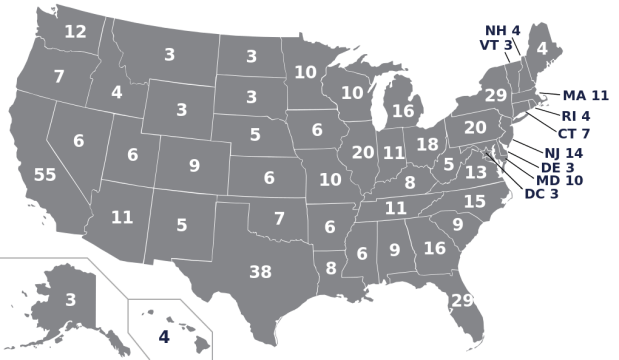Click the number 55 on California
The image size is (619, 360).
coord(45,175)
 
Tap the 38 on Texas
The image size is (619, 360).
coord(260,272)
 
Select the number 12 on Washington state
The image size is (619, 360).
coord(75,32)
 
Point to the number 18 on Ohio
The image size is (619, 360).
coord(427,144)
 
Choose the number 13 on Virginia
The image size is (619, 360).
coord(475,172)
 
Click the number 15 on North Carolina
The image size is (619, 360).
coord(474,202)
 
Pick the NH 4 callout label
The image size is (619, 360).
coord(503,31)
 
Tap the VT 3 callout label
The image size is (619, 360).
coord(496,45)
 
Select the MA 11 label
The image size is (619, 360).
coord(585,96)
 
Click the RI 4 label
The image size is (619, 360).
coord(575,116)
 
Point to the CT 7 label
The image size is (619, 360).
coord(573,133)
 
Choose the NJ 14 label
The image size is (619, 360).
coord(563,153)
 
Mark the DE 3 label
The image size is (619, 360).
coord(557,167)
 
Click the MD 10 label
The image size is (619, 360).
coord(559,181)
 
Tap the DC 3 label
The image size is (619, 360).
coord(541,194)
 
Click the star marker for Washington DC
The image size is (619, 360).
coord(486,153)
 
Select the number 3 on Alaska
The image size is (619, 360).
coord(70,300)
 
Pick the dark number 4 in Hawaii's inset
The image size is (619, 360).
coord(164,337)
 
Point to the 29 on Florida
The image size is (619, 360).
coord(462,300)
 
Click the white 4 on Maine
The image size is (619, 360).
coord(542,48)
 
